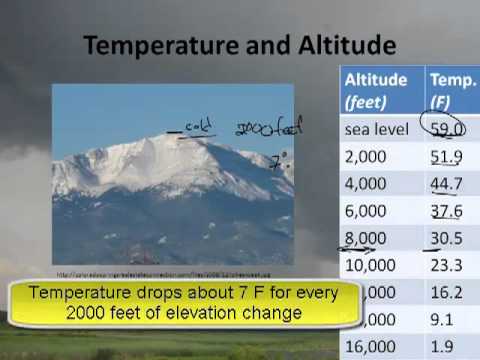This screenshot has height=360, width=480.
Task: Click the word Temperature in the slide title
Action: pyautogui.click(x=146, y=46)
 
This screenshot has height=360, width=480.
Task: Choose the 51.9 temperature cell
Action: pyautogui.click(x=448, y=157)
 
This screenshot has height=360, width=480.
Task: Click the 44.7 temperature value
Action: pyautogui.click(x=448, y=184)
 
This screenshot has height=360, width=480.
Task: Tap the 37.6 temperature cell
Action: pyautogui.click(x=448, y=212)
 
